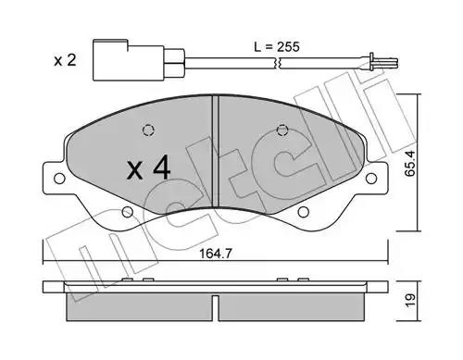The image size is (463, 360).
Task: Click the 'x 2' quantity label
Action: (65, 60)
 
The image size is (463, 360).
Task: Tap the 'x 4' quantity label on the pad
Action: (148, 168)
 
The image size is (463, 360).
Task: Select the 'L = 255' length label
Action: (277, 47)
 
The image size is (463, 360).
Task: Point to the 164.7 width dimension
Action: (216, 254)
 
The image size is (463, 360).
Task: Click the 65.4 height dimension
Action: (410, 163)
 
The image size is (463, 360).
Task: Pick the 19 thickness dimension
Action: (410, 301)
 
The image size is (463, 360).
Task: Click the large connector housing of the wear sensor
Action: (129, 60)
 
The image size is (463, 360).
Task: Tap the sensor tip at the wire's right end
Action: (382, 63)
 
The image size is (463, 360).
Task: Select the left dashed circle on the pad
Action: (148, 130)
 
